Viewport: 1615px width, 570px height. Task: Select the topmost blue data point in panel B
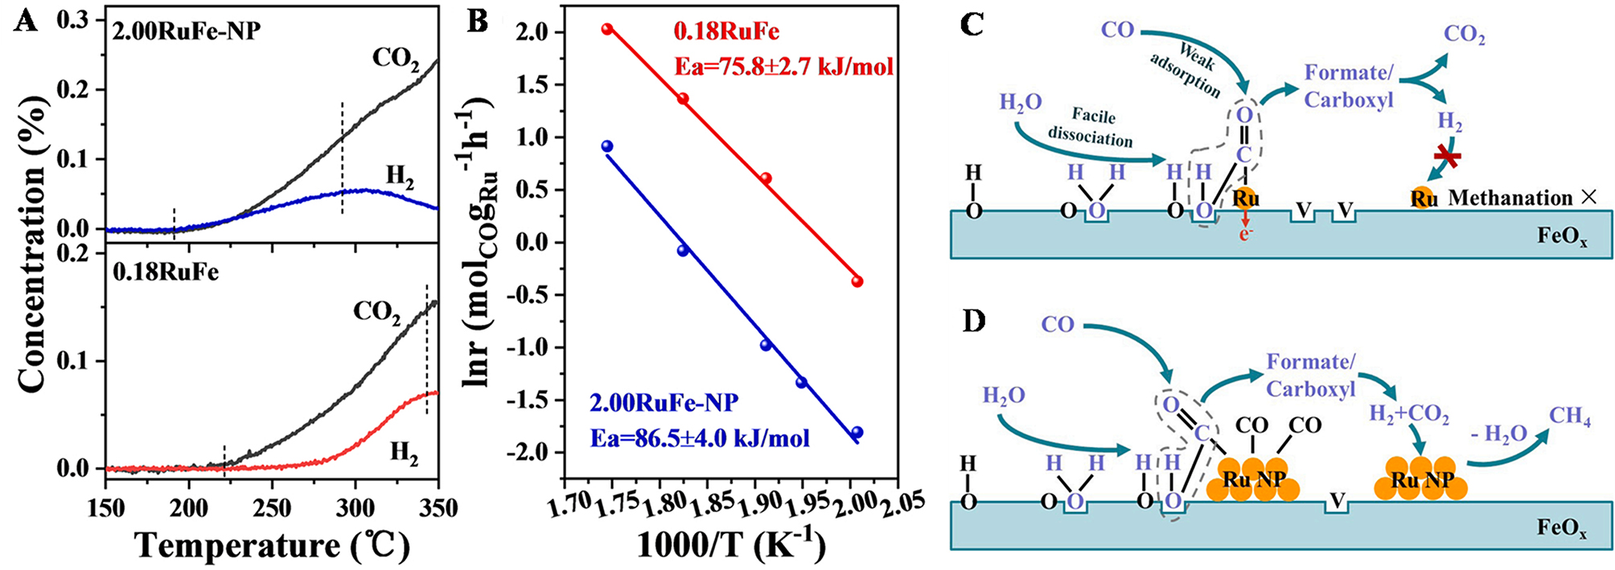point(607,146)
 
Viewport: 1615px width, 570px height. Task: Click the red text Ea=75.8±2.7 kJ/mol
point(783,66)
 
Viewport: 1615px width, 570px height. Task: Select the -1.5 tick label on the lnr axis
point(526,400)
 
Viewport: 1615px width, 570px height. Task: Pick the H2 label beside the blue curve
point(400,177)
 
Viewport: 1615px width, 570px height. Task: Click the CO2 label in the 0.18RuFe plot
point(376,312)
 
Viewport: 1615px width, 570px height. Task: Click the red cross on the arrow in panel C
point(1448,157)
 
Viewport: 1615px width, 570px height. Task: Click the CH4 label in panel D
point(1570,416)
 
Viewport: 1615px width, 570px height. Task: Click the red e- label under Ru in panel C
point(1246,235)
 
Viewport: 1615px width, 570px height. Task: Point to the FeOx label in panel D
point(1562,528)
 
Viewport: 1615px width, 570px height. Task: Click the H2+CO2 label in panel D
point(1409,416)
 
